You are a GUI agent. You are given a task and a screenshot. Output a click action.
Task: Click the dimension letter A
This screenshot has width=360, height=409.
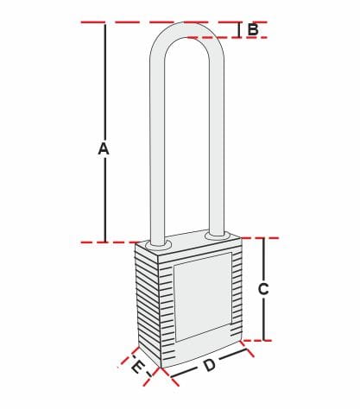point(104,148)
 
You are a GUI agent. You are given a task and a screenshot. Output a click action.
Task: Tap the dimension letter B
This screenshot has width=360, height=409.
point(253,29)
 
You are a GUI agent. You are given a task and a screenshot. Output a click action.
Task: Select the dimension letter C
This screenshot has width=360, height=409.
point(263,289)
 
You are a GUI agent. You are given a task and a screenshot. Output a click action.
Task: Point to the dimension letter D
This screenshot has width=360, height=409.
point(210,365)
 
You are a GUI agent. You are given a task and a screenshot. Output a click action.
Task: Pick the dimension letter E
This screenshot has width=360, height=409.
point(137,368)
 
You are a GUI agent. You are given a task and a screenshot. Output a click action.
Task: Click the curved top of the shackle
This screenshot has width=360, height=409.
point(187,30)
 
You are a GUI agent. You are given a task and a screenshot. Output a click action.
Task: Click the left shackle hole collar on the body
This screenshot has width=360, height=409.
point(158,245)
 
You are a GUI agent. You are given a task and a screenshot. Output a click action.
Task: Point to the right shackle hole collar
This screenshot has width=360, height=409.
point(218,236)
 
